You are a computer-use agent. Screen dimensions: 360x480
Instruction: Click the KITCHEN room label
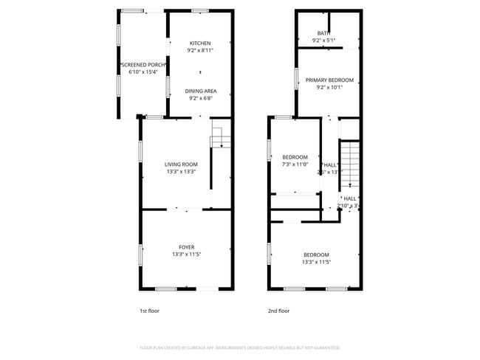(200, 43)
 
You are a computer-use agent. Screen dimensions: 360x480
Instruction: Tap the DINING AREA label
(200, 91)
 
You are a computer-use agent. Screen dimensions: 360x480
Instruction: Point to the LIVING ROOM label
(181, 165)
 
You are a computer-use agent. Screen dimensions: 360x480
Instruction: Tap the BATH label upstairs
(323, 33)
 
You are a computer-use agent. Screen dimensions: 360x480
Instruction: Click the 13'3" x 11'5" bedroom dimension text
(315, 262)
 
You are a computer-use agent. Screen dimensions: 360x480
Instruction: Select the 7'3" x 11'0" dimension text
(295, 165)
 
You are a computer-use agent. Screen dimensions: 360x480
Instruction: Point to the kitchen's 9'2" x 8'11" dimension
(200, 50)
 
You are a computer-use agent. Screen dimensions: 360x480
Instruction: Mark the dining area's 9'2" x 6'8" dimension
(200, 98)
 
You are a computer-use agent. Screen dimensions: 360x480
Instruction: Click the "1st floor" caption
(149, 311)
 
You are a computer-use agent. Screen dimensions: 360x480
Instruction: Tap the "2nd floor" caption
(278, 311)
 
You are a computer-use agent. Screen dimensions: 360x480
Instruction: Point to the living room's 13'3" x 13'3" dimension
(181, 172)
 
